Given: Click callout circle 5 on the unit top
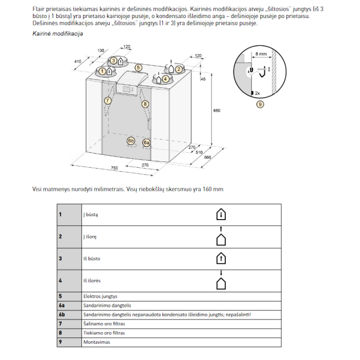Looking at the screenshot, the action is pyautogui.click(x=138, y=68).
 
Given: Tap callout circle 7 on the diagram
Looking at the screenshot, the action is pyautogui.click(x=107, y=101).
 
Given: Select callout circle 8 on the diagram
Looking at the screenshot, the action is pyautogui.click(x=145, y=104).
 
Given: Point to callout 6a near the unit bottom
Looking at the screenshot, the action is pyautogui.click(x=147, y=143).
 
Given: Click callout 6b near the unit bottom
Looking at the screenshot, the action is pyautogui.click(x=131, y=140).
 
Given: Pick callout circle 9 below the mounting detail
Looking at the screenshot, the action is pyautogui.click(x=260, y=104).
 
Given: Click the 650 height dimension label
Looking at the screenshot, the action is pyautogui.click(x=217, y=111).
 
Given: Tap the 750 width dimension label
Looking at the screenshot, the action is pyautogui.click(x=114, y=168).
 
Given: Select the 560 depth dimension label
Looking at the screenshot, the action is pyautogui.click(x=207, y=157).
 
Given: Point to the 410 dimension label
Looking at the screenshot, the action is pyautogui.click(x=78, y=61).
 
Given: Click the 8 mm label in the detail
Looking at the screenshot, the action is pyautogui.click(x=261, y=54).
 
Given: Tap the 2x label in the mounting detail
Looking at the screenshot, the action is pyautogui.click(x=257, y=93).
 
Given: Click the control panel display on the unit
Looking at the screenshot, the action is pyautogui.click(x=127, y=89).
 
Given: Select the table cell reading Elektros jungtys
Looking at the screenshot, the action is pyautogui.click(x=100, y=296).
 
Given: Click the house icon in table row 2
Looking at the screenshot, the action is pyautogui.click(x=221, y=238).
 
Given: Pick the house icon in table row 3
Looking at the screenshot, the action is pyautogui.click(x=221, y=258).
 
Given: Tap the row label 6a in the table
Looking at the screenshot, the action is pyautogui.click(x=62, y=305).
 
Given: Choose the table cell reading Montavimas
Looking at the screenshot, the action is pyautogui.click(x=97, y=342).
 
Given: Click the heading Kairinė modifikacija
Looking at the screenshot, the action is pyautogui.click(x=58, y=34).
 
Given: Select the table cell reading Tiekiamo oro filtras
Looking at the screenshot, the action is pyautogui.click(x=104, y=333).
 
